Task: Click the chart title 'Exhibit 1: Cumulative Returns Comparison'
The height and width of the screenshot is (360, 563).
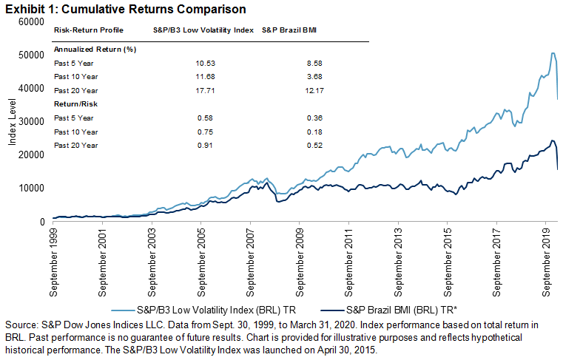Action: [x=124, y=9]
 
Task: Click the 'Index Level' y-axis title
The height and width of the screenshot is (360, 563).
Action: [x=13, y=121]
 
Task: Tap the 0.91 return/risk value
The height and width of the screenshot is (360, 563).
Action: [x=196, y=145]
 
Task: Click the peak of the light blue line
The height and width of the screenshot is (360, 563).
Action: [x=553, y=53]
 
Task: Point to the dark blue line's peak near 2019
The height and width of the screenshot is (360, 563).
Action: [x=553, y=140]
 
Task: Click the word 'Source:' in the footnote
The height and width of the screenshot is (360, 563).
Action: [x=20, y=325]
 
